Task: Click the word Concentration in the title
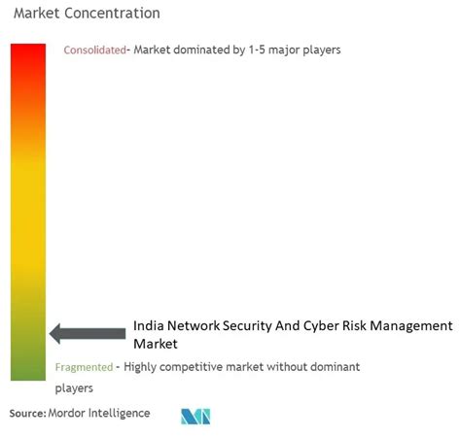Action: coord(112,14)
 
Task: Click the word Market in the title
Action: coord(37,14)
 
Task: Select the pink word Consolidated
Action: coord(94,50)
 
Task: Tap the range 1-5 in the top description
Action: coord(257,50)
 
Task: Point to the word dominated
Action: coord(201,50)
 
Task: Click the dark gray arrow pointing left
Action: coord(88,333)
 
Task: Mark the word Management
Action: coord(411,326)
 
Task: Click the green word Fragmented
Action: coord(84,367)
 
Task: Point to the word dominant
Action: coord(336,367)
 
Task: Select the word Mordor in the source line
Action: coord(67,414)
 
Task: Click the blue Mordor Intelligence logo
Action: coord(195,417)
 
